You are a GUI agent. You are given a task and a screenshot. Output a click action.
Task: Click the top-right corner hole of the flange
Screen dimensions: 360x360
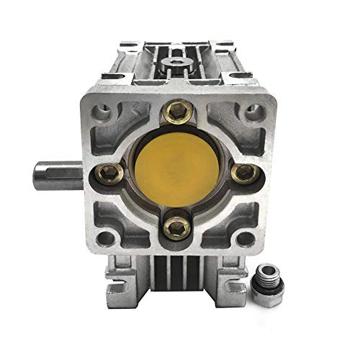[x=251, y=112]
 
